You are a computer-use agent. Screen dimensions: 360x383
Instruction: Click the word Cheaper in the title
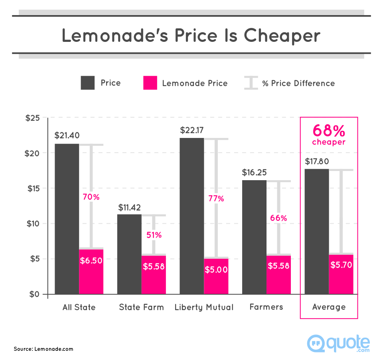pyautogui.click(x=282, y=35)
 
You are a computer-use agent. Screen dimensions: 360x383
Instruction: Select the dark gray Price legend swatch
pyautogui.click(x=88, y=83)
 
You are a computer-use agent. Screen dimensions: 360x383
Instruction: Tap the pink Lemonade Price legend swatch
pyautogui.click(x=150, y=83)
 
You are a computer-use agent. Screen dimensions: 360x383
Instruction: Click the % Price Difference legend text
pyautogui.click(x=298, y=83)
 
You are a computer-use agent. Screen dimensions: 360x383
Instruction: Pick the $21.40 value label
pyautogui.click(x=67, y=136)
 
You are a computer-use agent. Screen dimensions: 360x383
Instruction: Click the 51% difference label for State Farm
pyautogui.click(x=154, y=235)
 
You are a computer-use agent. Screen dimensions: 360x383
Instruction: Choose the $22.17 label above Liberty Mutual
pyautogui.click(x=192, y=130)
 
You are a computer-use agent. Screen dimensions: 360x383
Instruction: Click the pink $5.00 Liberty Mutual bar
pyautogui.click(x=216, y=276)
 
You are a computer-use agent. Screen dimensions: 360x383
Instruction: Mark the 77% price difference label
pyautogui.click(x=216, y=199)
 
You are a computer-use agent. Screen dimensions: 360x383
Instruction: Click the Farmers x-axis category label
pyautogui.click(x=266, y=307)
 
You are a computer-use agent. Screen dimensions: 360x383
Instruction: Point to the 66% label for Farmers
pyautogui.click(x=278, y=218)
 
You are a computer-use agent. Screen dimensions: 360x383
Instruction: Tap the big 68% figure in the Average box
pyautogui.click(x=329, y=130)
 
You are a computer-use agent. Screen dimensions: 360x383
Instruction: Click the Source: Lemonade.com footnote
pyautogui.click(x=43, y=349)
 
